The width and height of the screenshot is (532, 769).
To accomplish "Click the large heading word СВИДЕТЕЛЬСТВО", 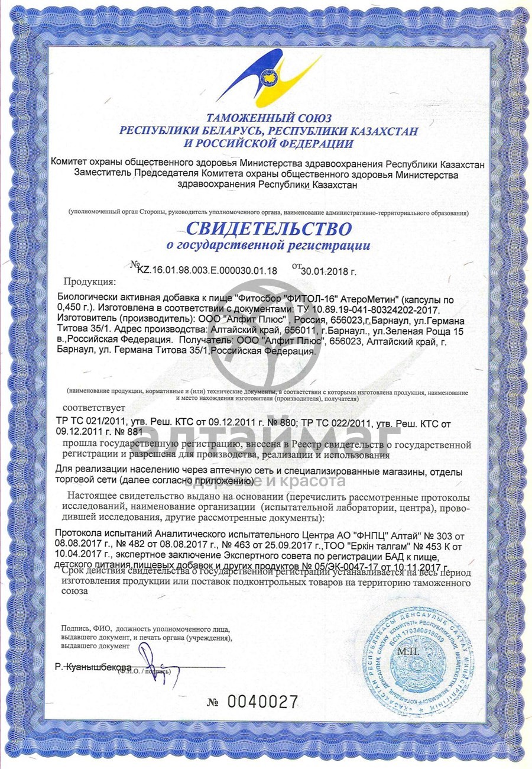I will coord(269,228).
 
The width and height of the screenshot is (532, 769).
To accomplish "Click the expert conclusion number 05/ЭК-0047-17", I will coord(351,566).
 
